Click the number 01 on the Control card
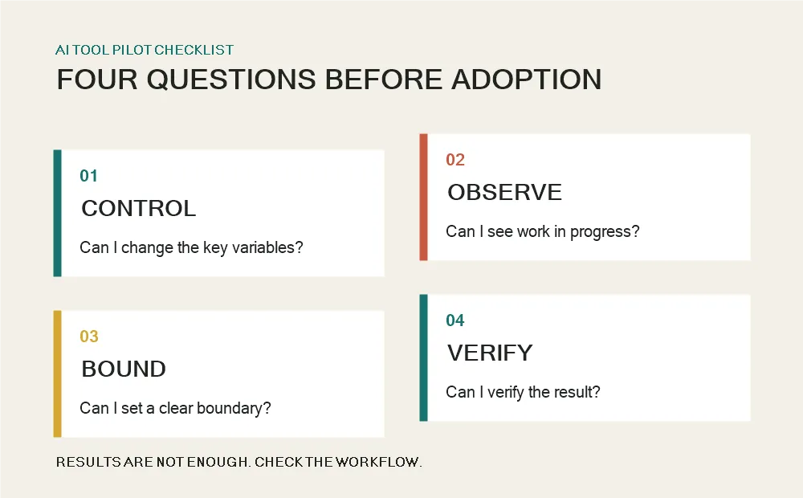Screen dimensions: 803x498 pos(88,176)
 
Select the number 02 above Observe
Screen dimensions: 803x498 pos(455,160)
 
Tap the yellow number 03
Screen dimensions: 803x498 pos(89,336)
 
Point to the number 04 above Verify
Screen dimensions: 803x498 pos(455,320)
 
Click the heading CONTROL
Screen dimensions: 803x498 pos(139,209)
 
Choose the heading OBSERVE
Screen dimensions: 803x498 pos(505,193)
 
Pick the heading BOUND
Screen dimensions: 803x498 pos(124,369)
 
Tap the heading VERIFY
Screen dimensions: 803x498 pos(490,353)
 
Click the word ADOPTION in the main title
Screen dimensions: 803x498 pos(527,80)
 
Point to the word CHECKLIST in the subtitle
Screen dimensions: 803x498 pos(194,50)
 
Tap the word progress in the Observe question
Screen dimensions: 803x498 pos(605,232)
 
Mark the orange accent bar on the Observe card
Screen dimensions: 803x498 pos(423,198)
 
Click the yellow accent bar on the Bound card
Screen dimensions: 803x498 pos(57,374)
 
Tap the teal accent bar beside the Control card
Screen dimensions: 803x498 pos(57,213)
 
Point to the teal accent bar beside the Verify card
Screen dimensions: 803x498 pos(423,357)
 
